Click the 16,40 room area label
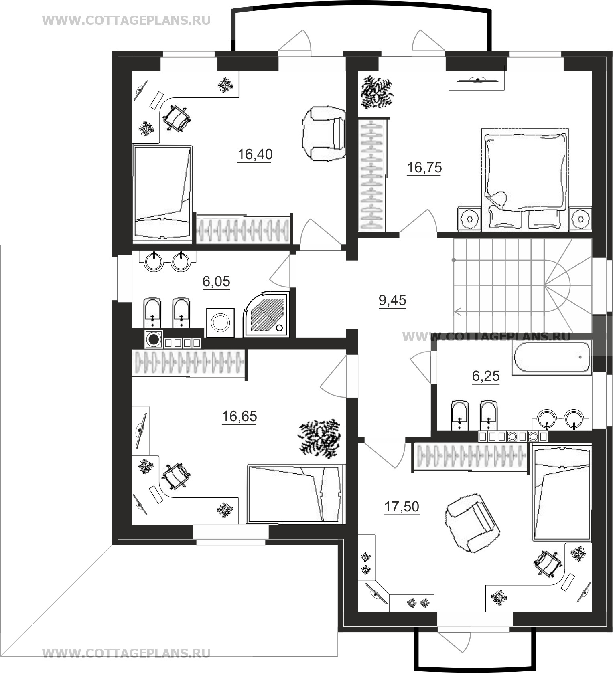255,154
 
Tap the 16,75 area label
424,168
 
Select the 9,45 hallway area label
392,300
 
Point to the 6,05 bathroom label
216,281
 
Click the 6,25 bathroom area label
486,376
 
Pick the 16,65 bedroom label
240,416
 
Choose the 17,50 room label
402,507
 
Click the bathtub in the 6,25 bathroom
552,357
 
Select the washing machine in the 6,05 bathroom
220,322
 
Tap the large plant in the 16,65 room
319,439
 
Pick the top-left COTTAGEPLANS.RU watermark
126,20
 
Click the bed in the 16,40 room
162,193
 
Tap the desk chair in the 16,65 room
175,476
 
